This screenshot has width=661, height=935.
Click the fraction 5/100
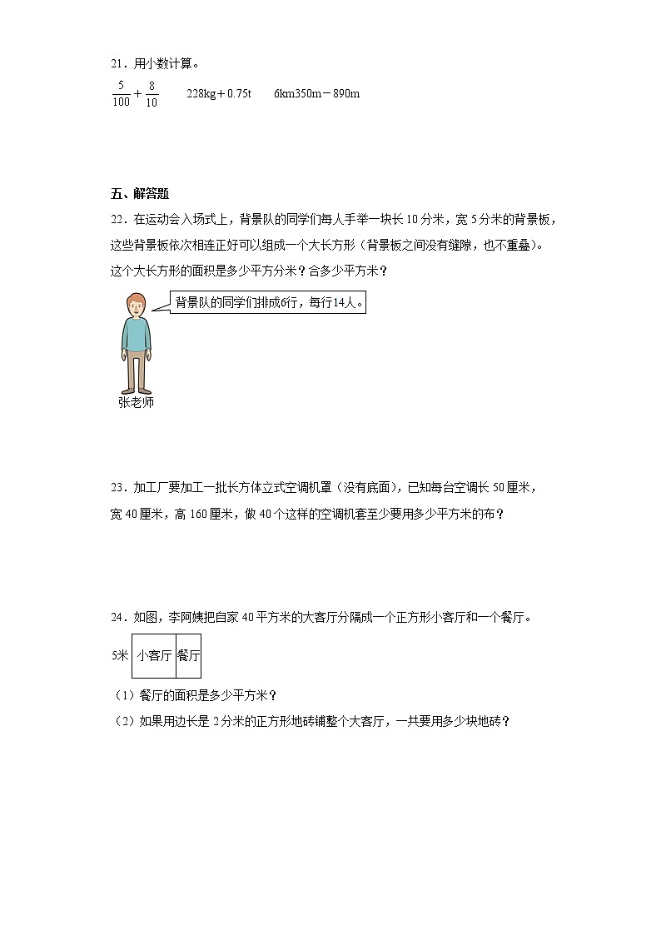click(121, 93)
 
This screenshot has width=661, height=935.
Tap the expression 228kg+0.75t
click(220, 93)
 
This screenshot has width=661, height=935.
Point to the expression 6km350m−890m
click(316, 93)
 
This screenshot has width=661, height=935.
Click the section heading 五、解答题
click(139, 194)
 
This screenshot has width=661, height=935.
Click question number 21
click(117, 63)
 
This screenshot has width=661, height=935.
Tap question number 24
click(117, 618)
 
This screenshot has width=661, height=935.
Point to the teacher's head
click(136, 305)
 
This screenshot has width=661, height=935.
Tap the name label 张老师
click(136, 402)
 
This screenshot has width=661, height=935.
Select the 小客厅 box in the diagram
click(154, 655)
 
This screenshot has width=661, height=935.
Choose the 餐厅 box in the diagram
click(189, 655)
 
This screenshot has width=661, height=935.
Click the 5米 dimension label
click(120, 655)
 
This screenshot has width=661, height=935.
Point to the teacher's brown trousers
click(136, 371)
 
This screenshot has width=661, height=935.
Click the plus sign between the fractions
click(137, 94)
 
